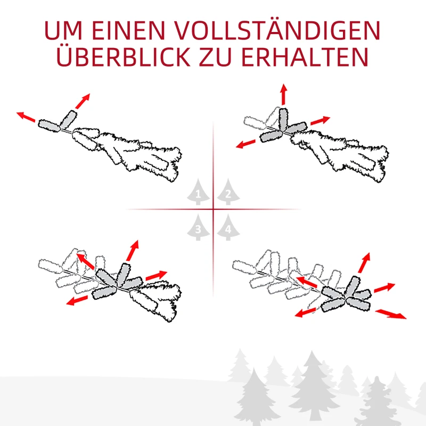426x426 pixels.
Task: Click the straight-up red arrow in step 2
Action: tap(283, 95)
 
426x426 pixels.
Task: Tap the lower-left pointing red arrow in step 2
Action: tap(246, 143)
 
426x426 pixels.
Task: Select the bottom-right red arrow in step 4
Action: tap(391, 314)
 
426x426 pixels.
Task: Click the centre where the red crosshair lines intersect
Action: tap(213, 209)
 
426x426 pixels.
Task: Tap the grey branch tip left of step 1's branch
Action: tap(50, 125)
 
